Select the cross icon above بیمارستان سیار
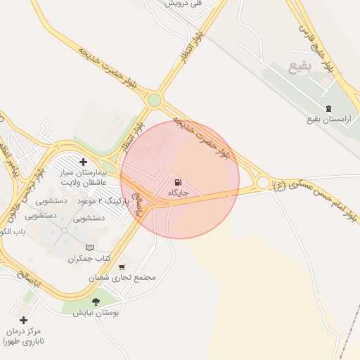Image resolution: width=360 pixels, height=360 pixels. (84, 162)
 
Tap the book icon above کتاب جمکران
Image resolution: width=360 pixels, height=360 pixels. (89, 247)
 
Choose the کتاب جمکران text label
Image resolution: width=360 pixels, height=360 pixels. (90, 259)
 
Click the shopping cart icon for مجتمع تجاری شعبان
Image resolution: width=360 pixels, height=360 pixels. (123, 266)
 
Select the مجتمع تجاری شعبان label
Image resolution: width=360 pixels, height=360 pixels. (122, 278)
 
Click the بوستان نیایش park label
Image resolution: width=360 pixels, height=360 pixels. (96, 312)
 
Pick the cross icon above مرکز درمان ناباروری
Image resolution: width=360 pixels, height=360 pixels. (23, 320)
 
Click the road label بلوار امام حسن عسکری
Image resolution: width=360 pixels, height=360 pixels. (323, 204)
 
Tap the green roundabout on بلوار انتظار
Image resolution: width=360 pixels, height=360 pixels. (154, 101)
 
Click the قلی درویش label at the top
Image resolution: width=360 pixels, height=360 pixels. (184, 4)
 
